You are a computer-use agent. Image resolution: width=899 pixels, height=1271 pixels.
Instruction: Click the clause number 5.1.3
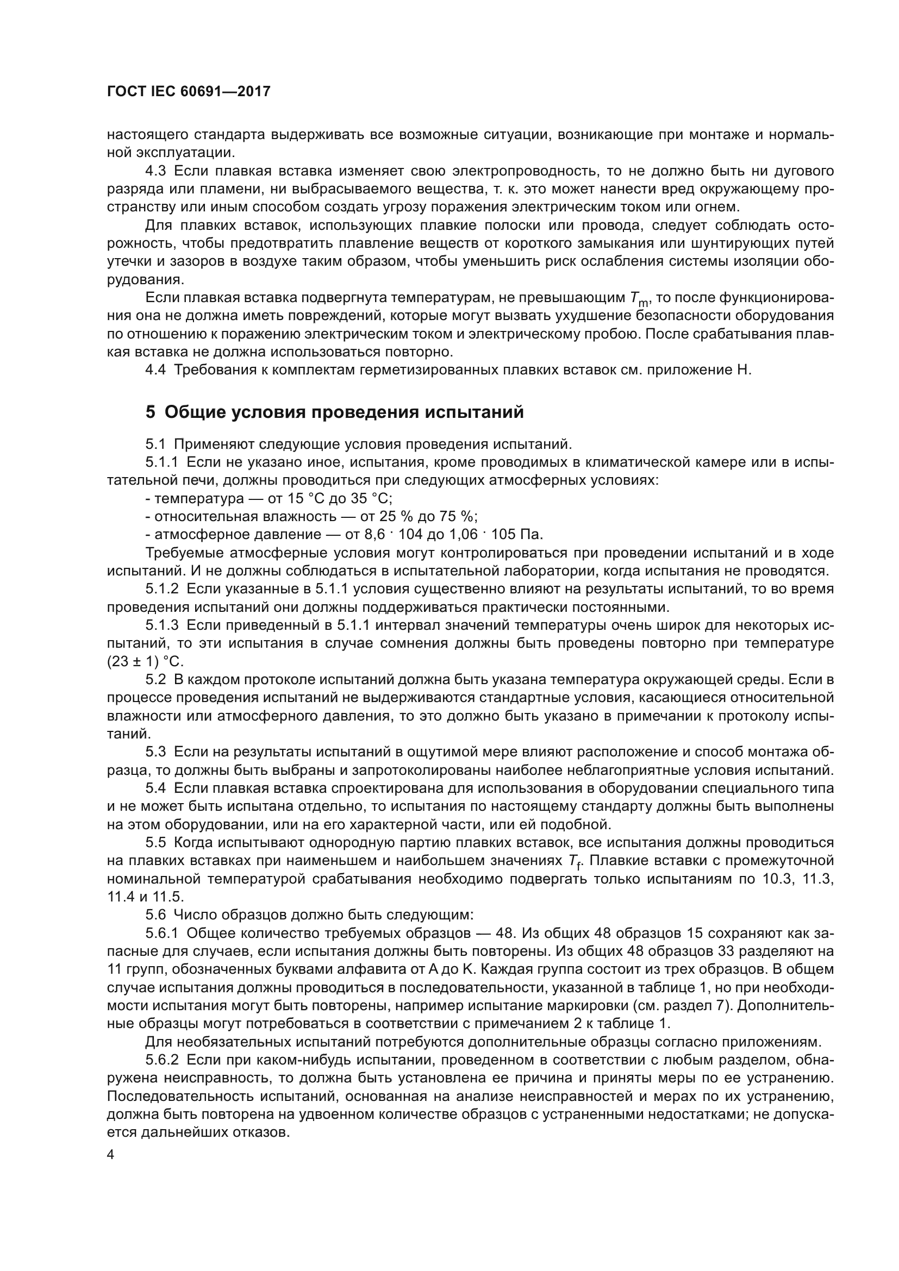[161, 625]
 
